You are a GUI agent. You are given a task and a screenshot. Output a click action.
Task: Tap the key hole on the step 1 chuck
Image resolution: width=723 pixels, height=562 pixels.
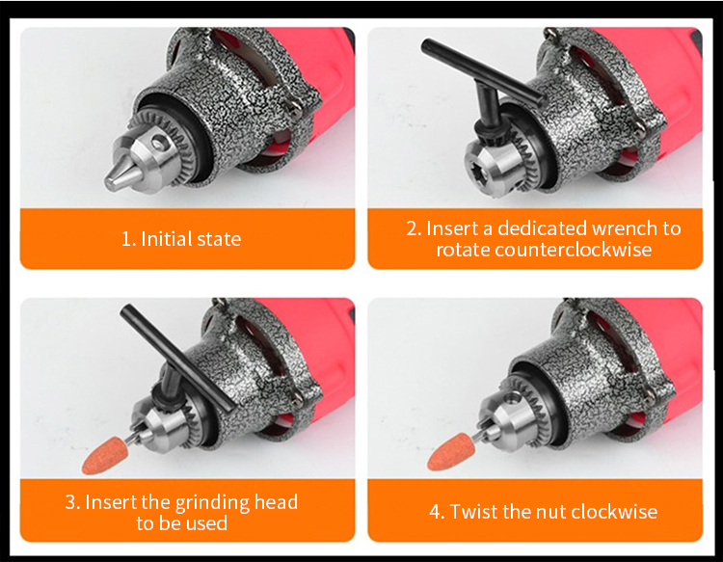[159, 144]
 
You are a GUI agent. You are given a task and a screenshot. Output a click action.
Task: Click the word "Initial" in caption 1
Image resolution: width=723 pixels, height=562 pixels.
[166, 239]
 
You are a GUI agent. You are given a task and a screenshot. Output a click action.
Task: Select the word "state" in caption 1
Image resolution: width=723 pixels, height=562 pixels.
[219, 239]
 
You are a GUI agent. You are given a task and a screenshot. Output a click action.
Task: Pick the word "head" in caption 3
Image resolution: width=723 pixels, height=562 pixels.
[277, 501]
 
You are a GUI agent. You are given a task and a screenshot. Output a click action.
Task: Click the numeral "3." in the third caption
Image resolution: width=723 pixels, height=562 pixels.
[72, 502]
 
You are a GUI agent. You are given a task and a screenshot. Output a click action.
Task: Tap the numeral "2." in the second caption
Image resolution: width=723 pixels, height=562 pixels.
[414, 228]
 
